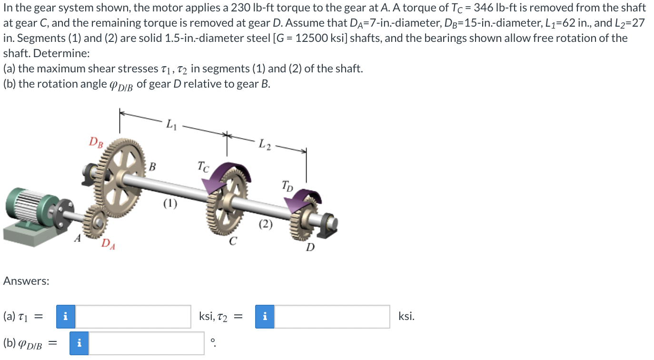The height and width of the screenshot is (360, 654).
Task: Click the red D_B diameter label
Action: (x=96, y=142)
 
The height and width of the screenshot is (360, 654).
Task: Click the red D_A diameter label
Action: (x=108, y=244)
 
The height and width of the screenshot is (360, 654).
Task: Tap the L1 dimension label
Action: (x=172, y=125)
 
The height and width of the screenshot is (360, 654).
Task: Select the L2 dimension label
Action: (x=265, y=144)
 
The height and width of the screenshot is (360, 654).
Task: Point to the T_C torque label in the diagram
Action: (x=203, y=167)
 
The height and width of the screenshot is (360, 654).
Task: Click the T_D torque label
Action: (x=287, y=186)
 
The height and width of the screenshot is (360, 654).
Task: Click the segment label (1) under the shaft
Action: (x=170, y=204)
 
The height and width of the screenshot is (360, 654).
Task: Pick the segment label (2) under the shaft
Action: (x=266, y=224)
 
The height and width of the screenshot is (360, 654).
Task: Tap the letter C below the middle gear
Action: (x=233, y=241)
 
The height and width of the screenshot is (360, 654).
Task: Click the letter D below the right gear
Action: (x=310, y=248)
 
